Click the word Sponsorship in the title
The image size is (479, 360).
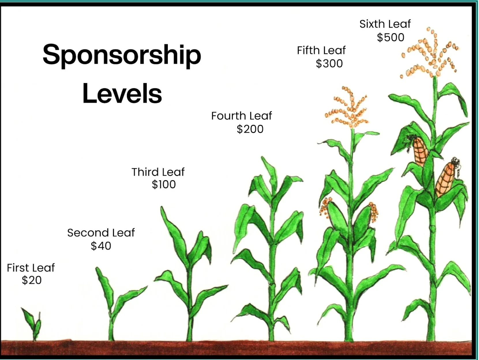point(122,55)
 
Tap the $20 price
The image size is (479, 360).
point(32,280)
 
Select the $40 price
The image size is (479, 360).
point(101,246)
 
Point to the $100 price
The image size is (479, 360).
point(164,184)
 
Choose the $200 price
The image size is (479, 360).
point(250,129)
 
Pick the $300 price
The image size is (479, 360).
point(329,63)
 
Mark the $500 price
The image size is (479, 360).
point(390,37)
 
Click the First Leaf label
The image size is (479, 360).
point(31,268)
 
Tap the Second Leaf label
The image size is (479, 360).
point(101,232)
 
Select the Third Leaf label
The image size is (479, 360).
point(158,172)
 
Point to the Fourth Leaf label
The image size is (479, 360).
point(242,116)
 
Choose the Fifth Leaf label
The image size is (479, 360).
point(321,50)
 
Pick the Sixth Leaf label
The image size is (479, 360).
point(385,24)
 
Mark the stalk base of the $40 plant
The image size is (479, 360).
point(111,335)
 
